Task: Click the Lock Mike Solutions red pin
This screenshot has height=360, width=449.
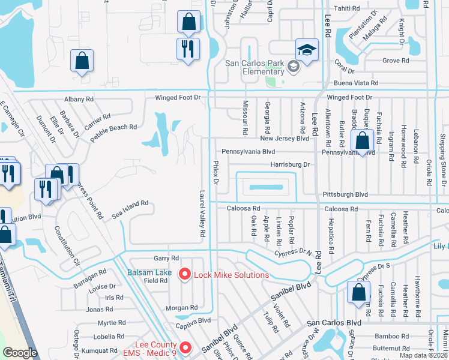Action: [x=185, y=274]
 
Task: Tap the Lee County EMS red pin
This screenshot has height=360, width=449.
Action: [x=185, y=348]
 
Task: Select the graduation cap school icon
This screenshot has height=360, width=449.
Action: [x=306, y=50]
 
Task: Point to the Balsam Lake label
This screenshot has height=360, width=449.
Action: [x=149, y=272]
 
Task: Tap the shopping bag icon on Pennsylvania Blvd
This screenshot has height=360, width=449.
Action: [x=363, y=142]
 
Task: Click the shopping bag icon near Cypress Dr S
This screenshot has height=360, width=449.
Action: [x=358, y=292]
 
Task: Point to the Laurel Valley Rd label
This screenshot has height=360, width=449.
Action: [x=203, y=213]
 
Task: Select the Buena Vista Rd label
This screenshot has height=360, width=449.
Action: [x=357, y=83]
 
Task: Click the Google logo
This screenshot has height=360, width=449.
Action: [x=20, y=352]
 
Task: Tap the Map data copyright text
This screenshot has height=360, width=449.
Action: [x=423, y=355]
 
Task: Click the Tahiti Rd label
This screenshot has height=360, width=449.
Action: [x=363, y=8]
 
